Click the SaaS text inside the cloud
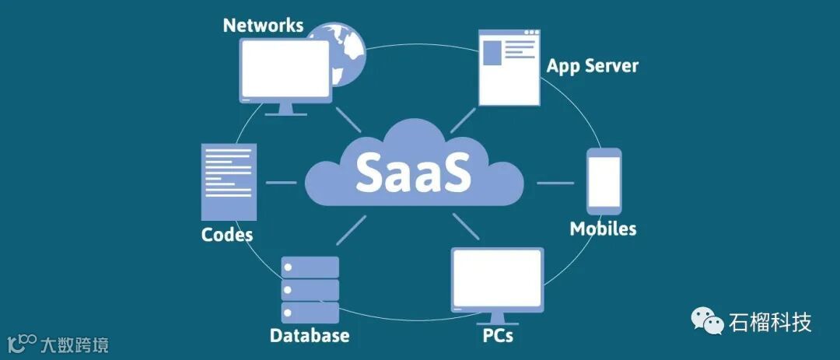(x=413, y=172)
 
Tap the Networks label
(x=262, y=25)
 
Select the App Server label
(x=592, y=65)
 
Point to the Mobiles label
(x=603, y=229)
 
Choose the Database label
(x=310, y=336)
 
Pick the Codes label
(x=227, y=234)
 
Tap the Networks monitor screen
(x=285, y=68)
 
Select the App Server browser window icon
(x=509, y=68)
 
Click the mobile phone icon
(x=604, y=181)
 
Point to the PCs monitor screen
(x=497, y=278)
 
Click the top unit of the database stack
(x=310, y=267)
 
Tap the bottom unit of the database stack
(x=310, y=313)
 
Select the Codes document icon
(x=229, y=181)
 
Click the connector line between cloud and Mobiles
(x=555, y=183)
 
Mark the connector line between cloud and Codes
(x=281, y=183)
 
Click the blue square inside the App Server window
(x=492, y=53)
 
